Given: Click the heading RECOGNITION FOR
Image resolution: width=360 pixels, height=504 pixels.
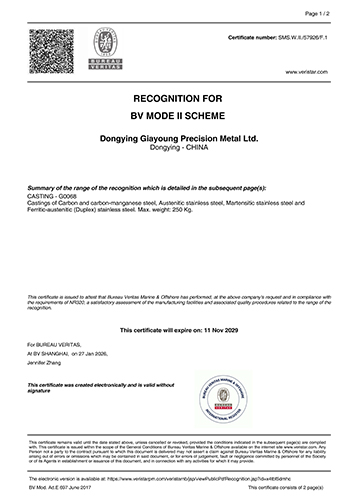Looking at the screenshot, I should pyautogui.click(x=180, y=102).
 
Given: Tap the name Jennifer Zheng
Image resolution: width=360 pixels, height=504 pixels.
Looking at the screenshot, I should pyautogui.click(x=48, y=363).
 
